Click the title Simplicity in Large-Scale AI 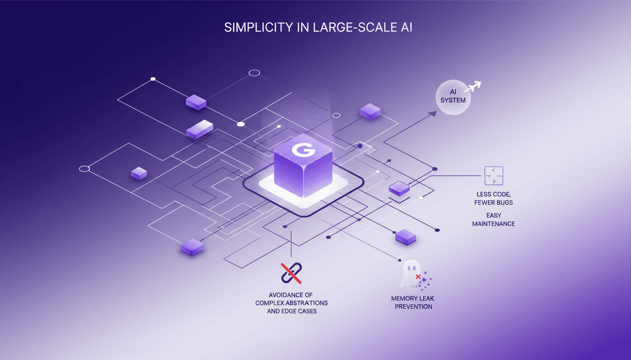coord(318,27)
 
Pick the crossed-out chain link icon coord(291,273)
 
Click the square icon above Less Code coord(493,176)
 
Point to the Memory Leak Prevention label coord(413,302)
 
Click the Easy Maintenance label coord(493,219)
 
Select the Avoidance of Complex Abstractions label coord(291,302)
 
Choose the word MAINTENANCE coord(493,224)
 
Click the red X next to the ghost coord(418,277)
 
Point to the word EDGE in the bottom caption coord(291,311)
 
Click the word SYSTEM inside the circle coord(453,100)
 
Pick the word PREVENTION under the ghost coord(413,307)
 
